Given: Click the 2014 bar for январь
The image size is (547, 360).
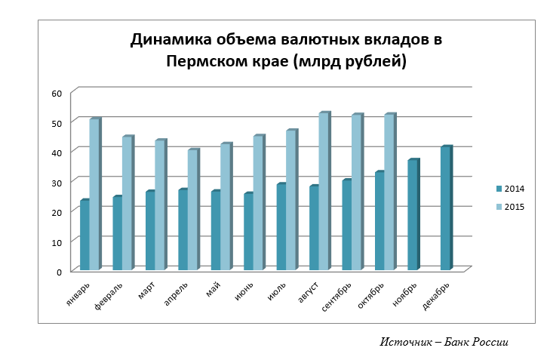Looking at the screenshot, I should tap(85, 235).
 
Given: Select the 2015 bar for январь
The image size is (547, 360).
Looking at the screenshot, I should tap(94, 195).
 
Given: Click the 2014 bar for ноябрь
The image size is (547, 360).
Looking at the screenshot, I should tap(413, 215).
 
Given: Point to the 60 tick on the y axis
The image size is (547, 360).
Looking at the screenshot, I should tap(56, 93).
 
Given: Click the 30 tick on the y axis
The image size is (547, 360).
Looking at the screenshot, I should tap(56, 182).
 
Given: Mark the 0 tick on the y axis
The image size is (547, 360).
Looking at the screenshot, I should tap(58, 271).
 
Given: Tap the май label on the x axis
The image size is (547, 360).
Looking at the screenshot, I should tap(214, 290).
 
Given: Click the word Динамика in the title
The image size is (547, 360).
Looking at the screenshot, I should tap(173, 40).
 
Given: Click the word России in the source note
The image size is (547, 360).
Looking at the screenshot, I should tap(490, 342).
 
